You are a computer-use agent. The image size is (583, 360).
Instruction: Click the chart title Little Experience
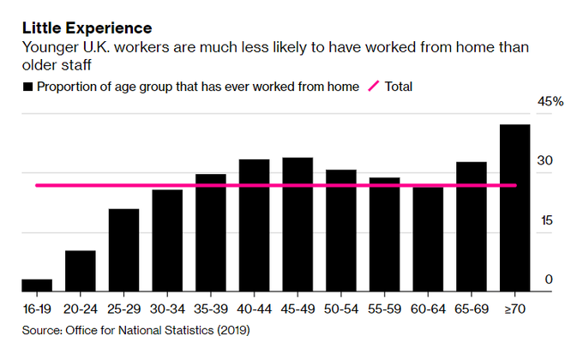pyautogui.click(x=87, y=28)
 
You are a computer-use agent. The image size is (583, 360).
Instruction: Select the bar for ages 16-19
pyautogui.click(x=37, y=285)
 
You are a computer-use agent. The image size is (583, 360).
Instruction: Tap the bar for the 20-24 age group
pyautogui.click(x=80, y=271)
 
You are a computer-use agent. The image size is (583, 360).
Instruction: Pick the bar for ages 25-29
pyautogui.click(x=123, y=250)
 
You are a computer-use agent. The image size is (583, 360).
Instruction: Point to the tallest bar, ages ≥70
pyautogui.click(x=514, y=208)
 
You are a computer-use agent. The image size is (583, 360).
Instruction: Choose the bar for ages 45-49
pyautogui.click(x=298, y=225)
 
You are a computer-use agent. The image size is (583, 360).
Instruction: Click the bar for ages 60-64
pyautogui.click(x=428, y=239)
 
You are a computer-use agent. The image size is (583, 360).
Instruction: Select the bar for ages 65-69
pyautogui.click(x=471, y=226)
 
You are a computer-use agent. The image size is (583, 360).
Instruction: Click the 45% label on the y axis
pyautogui.click(x=550, y=102)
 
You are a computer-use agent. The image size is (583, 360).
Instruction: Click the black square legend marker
pyautogui.click(x=28, y=87)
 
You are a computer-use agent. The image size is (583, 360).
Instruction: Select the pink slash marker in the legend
pyautogui.click(x=374, y=87)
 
